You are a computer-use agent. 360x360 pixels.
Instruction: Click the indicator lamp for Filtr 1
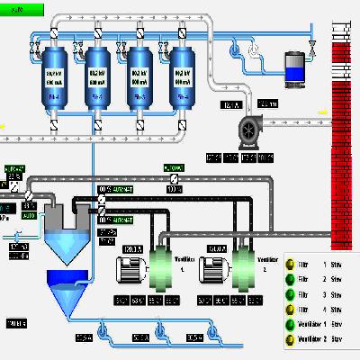coord(291,265)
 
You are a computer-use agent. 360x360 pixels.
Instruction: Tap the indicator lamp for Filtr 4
coord(291,306)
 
